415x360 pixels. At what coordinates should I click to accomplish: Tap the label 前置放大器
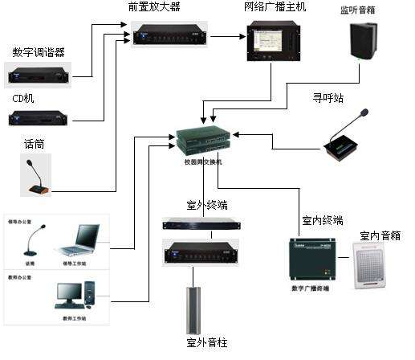coord(154,7)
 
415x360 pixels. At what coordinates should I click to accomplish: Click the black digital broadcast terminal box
coord(314,256)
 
